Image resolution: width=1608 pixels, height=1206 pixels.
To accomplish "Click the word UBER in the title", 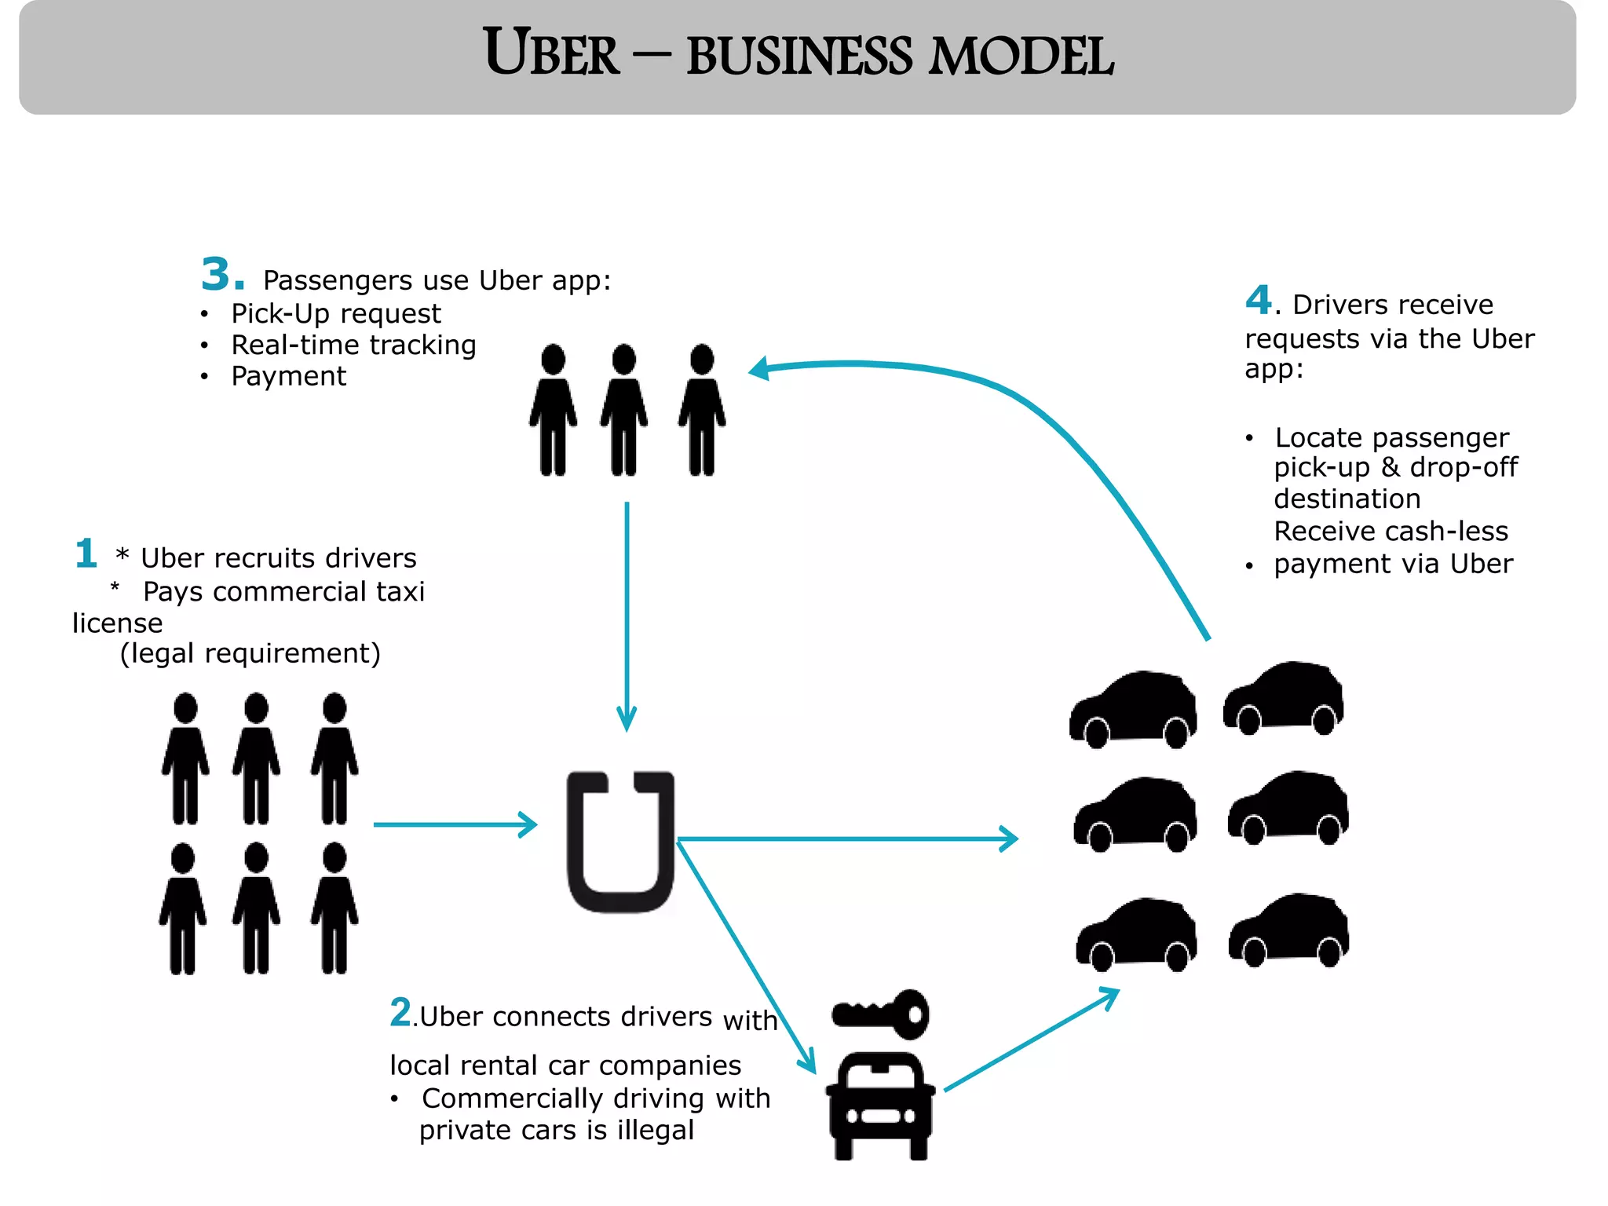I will pos(551,53).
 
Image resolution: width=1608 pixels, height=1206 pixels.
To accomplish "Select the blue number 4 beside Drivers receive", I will pos(1258,300).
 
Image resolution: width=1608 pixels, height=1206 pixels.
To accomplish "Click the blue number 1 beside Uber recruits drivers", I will pos(86,554).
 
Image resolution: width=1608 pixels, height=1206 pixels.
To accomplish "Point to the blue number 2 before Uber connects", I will pos(400,1012).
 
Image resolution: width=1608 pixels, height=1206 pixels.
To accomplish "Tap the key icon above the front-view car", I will pos(882,1014).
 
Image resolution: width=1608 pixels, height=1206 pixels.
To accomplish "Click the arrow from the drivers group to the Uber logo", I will pos(455,824).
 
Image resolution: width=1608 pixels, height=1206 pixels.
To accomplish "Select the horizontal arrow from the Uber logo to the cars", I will pos(848,839).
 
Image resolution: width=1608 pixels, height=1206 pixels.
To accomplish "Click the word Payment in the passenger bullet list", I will pos(288,377).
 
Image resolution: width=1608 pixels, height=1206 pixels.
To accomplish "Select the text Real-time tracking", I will pos(353,345).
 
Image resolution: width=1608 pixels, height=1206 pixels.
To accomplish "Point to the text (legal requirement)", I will pos(250,653).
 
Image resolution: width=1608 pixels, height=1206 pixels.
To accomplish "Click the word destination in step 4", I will pos(1347,499).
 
